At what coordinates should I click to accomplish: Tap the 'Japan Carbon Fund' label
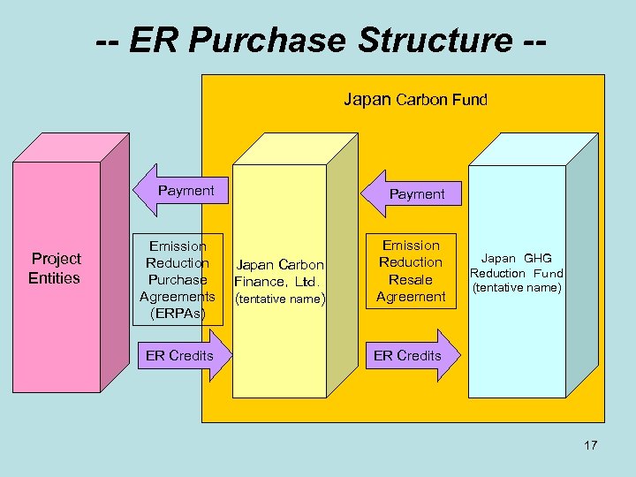(414, 100)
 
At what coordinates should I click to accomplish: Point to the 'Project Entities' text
(55, 269)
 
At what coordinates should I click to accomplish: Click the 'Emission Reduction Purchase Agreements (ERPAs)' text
(178, 279)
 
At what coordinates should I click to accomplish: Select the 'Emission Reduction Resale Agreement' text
(411, 270)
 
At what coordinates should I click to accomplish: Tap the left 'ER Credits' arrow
(181, 355)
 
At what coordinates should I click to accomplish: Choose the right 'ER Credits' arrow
(411, 355)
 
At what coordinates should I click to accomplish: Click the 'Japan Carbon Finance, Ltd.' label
(280, 274)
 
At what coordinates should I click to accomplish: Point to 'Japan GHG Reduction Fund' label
(517, 266)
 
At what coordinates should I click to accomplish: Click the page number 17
(590, 445)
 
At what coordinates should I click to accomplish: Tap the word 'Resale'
(411, 279)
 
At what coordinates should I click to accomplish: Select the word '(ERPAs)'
(178, 313)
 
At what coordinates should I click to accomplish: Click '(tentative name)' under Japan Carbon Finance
(280, 299)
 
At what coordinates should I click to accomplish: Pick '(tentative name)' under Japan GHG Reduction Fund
(517, 287)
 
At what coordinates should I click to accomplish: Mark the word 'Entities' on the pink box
(54, 278)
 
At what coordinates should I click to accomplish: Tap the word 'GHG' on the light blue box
(537, 259)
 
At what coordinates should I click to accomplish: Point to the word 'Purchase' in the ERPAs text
(178, 279)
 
